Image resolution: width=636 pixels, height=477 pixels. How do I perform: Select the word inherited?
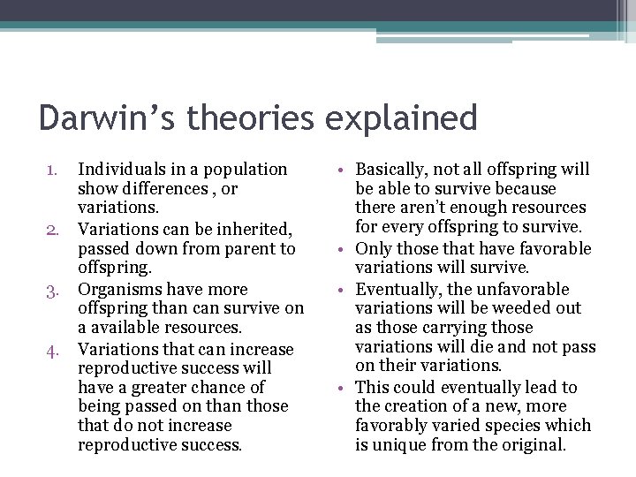point(251,229)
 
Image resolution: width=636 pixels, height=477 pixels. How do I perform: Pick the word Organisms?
point(118,289)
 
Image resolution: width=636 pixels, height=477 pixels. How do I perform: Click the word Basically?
point(395,169)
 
